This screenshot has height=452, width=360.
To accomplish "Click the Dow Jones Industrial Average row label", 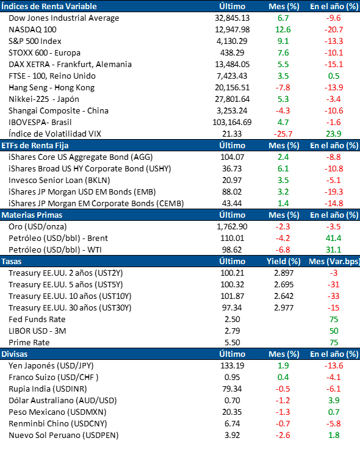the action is click(x=63, y=18).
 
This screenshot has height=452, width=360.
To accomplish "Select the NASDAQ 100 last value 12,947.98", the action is click(x=232, y=30).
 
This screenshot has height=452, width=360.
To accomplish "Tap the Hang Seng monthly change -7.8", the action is click(x=283, y=88).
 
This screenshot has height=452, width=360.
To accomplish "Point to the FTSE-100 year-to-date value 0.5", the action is click(x=334, y=76).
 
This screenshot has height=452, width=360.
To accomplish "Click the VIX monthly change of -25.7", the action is click(x=283, y=134).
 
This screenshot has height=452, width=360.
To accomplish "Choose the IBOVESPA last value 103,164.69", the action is click(x=232, y=123).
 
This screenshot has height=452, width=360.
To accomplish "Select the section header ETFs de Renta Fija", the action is click(x=35, y=146).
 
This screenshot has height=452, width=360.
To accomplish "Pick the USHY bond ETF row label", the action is click(x=90, y=169).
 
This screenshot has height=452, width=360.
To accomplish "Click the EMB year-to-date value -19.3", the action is click(x=334, y=192).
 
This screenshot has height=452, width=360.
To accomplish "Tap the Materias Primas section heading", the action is click(x=32, y=215).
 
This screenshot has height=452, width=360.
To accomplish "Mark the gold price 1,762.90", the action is click(x=232, y=227).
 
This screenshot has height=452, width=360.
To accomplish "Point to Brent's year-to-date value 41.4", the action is click(x=334, y=239).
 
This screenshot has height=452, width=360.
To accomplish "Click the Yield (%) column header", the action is click(x=284, y=262).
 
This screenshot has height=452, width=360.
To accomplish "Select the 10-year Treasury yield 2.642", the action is click(x=284, y=296).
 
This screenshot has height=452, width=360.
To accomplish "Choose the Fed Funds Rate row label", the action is click(x=37, y=320).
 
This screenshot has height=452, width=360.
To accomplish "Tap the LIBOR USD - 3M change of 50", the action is click(x=334, y=331).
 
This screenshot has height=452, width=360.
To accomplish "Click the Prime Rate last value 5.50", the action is click(x=232, y=342).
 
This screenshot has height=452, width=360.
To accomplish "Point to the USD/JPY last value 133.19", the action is click(x=232, y=366).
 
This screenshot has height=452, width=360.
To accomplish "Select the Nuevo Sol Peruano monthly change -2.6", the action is click(x=283, y=436).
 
